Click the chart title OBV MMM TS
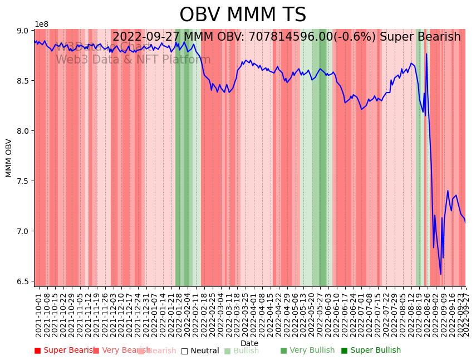click(243, 15)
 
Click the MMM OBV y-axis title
click(9, 158)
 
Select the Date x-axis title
click(249, 343)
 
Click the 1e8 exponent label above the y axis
click(42, 24)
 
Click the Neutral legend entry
click(200, 351)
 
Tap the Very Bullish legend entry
click(308, 351)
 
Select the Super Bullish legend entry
click(371, 351)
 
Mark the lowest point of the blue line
click(440, 274)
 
